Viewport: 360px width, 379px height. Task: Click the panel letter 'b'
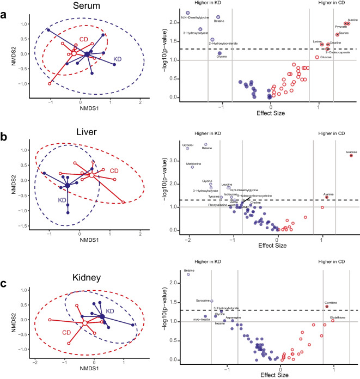pyautogui.click(x=4, y=138)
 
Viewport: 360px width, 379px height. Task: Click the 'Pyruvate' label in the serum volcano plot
pyautogui.click(x=341, y=26)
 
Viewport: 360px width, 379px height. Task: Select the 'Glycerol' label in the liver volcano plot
pyautogui.click(x=188, y=145)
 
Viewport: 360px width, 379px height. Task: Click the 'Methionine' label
pyautogui.click(x=193, y=163)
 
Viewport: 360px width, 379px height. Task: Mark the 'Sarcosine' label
pyautogui.click(x=203, y=301)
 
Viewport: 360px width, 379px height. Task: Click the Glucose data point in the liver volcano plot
pyautogui.click(x=351, y=155)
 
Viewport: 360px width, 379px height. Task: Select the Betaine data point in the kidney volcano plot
pyautogui.click(x=188, y=274)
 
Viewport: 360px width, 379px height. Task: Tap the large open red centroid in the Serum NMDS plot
pyautogui.click(x=74, y=53)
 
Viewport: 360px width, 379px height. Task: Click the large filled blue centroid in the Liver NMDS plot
pyautogui.click(x=67, y=186)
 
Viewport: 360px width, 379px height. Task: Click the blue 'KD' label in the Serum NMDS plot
pyautogui.click(x=117, y=57)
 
